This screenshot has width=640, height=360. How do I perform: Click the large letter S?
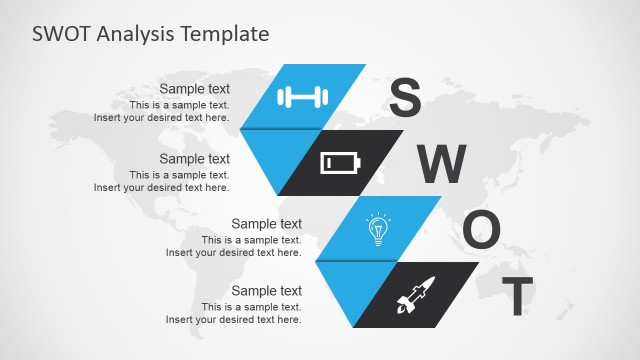(x=405, y=97)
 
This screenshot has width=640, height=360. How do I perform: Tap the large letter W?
(x=441, y=164)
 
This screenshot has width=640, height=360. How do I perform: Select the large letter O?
(x=480, y=231)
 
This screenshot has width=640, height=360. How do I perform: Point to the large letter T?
(x=517, y=296)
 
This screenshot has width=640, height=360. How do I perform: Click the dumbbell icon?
(x=303, y=97)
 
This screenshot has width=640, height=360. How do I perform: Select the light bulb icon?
(x=377, y=229)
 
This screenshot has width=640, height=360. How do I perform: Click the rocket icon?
(x=413, y=295)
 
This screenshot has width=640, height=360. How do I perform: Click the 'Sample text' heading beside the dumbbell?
(x=194, y=88)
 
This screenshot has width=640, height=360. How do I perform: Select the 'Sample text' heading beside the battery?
(x=194, y=158)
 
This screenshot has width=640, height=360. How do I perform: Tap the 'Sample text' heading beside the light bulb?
(x=266, y=224)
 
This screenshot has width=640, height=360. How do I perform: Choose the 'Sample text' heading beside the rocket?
(x=266, y=291)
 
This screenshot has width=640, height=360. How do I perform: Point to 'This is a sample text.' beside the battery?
(x=179, y=174)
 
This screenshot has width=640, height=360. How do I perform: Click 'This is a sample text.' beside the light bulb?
(x=251, y=240)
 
